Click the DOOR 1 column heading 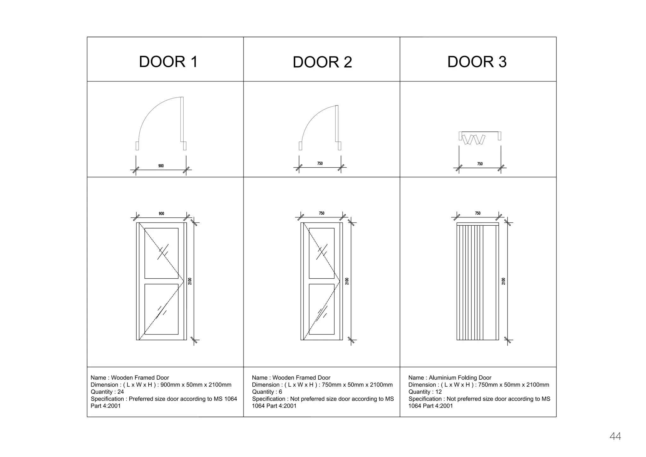point(168,62)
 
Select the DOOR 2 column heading point(322,62)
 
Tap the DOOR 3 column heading point(477,62)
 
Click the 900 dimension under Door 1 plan point(161,166)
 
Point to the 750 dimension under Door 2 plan point(320,163)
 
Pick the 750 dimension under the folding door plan point(480,164)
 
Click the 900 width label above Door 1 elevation point(161,214)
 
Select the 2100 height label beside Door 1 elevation point(190,281)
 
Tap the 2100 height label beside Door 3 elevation point(503,281)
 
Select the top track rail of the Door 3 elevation point(478,224)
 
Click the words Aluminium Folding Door point(460,378)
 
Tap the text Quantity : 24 point(107,392)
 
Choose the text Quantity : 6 point(267,392)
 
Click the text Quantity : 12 point(425,392)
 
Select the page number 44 point(615,436)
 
